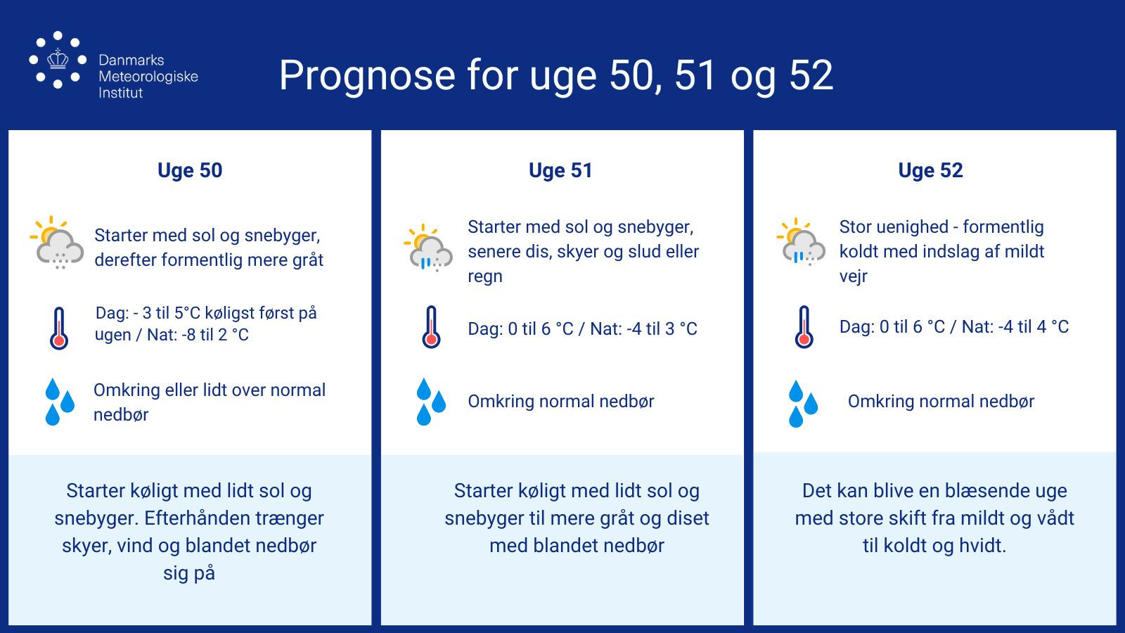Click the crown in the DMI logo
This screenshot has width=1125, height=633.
coord(58,58)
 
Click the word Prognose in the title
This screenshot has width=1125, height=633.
coord(367,76)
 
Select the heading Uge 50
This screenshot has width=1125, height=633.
coord(190,170)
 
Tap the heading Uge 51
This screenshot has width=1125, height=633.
coord(560,170)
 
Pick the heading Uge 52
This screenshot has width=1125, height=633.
coord(931,170)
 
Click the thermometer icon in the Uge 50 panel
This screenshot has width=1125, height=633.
coord(59,328)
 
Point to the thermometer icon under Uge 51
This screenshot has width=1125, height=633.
coord(432,327)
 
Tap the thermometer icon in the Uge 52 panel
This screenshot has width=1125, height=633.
coord(804,327)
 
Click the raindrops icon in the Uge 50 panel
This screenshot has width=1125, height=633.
coord(60,402)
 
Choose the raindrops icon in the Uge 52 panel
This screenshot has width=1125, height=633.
coord(803,404)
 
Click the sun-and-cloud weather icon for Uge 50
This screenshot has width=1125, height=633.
coord(57,242)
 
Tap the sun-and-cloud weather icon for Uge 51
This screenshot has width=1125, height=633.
coord(428,248)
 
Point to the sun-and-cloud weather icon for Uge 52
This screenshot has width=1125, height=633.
coord(801,242)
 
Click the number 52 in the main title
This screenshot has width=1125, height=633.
coord(811,76)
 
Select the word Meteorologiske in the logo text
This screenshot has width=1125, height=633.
coord(148,77)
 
